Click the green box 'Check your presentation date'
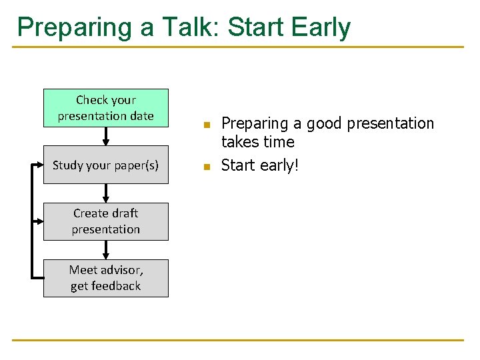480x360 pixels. point(105,107)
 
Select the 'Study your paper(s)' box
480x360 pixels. point(105,164)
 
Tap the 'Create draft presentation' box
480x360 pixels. point(105,221)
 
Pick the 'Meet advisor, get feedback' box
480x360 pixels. point(105,278)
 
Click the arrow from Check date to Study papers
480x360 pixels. point(105,136)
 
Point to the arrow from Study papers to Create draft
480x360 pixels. point(105,193)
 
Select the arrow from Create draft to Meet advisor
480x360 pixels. point(105,250)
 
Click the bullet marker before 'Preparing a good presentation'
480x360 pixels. point(207,125)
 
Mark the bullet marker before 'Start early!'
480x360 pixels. point(207,166)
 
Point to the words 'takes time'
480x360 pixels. point(257,142)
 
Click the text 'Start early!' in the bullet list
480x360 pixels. point(260,165)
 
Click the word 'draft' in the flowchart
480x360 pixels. point(125,213)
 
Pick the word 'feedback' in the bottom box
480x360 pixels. point(116,286)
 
